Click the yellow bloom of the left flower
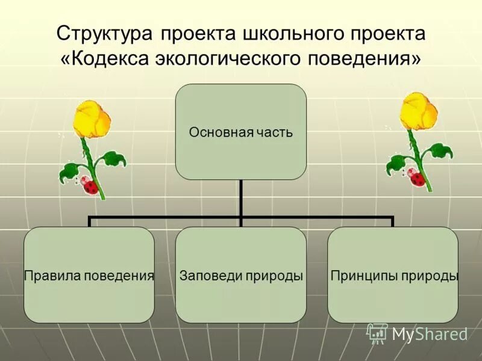coord(88,117)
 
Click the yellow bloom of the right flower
coord(419,113)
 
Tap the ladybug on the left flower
coord(90,186)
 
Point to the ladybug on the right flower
coord(417,177)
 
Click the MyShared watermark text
coord(430,335)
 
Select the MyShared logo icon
coord(377,333)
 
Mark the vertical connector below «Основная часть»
coord(241,199)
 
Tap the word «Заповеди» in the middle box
coord(205,276)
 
